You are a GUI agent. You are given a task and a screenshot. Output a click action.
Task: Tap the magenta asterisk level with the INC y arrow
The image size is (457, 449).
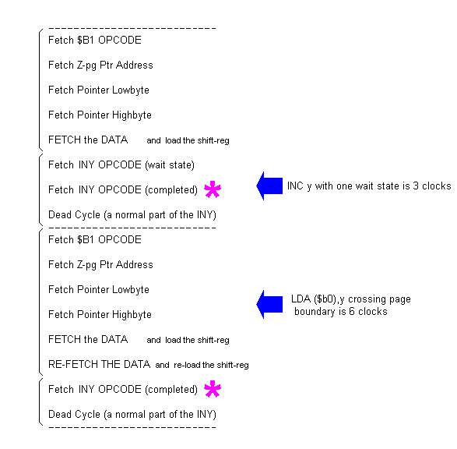(x=211, y=190)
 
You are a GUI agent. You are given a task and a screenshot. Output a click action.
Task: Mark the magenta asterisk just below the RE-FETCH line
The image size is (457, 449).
(x=211, y=390)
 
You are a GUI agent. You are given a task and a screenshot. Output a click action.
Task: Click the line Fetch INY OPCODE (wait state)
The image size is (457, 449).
(x=121, y=165)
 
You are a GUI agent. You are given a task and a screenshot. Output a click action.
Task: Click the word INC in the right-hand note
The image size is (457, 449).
(x=296, y=186)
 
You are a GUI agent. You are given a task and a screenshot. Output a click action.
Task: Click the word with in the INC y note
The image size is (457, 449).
(x=331, y=186)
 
